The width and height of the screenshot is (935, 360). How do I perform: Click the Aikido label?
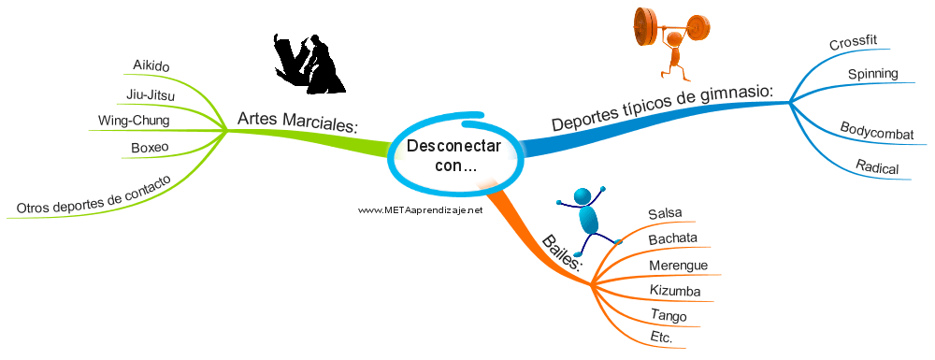pos(151,65)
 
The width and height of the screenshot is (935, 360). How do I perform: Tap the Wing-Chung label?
pos(134,121)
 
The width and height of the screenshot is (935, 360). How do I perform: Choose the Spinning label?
pos(873,74)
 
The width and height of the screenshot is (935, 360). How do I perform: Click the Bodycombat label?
pos(877,131)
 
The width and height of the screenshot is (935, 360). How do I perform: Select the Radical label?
pos(877,166)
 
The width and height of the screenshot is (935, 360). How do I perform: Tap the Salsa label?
pos(665,213)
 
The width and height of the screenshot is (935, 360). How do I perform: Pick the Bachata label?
pos(672,239)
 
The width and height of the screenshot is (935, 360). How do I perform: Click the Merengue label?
pos(679,266)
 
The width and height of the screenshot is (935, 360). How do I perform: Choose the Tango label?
pos(669,315)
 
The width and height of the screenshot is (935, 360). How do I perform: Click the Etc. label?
pos(661,338)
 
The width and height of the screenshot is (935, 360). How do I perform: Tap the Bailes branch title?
pos(561,252)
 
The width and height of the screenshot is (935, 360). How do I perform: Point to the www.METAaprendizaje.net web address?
pos(420,209)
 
